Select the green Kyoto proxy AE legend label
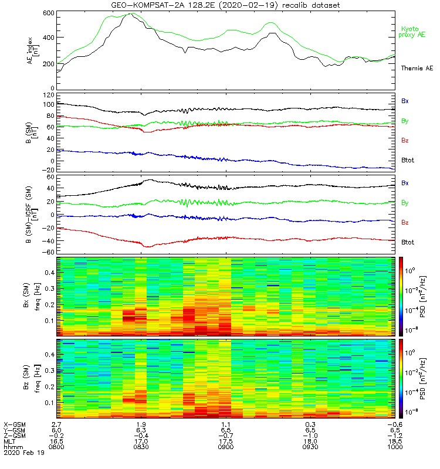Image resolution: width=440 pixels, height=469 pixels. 413,32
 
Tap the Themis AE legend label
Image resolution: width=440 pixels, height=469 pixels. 416,69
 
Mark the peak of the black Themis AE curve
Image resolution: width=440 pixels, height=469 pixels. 129,13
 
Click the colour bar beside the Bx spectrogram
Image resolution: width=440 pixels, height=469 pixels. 401,295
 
